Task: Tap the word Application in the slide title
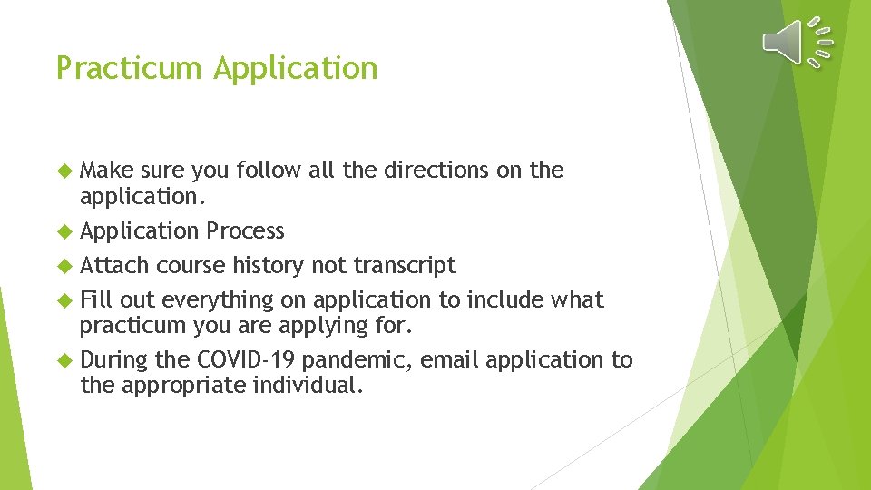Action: click(297, 69)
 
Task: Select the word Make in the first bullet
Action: click(106, 171)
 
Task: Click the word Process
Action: click(245, 231)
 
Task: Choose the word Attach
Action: click(114, 265)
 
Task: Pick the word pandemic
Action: click(360, 360)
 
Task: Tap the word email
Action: click(452, 360)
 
